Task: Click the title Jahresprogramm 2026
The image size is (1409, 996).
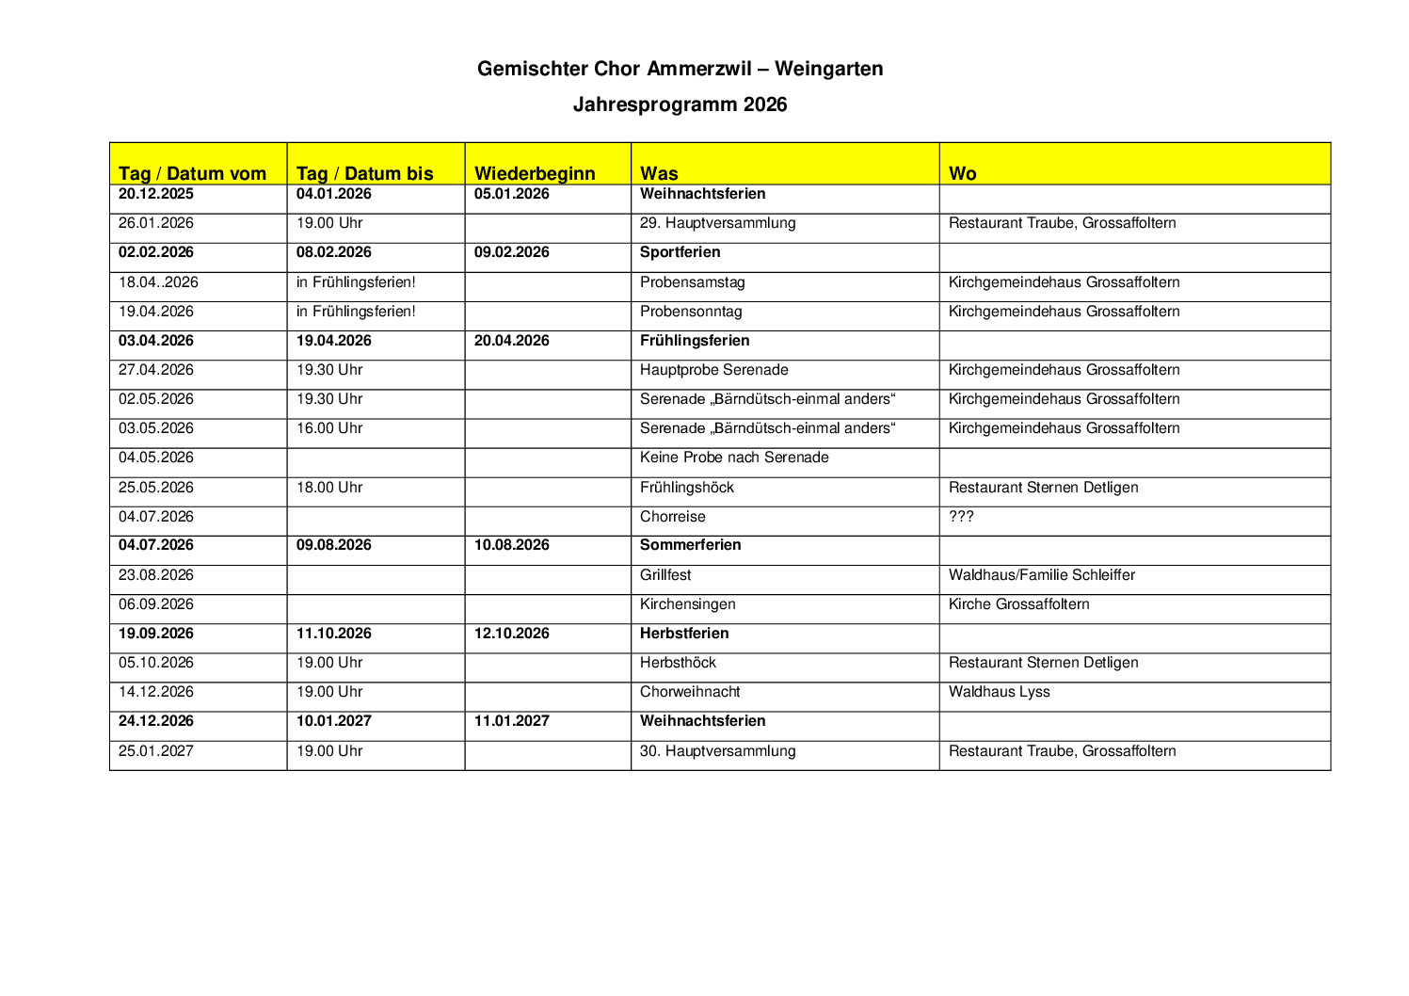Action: click(680, 104)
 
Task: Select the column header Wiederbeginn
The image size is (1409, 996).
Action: click(535, 173)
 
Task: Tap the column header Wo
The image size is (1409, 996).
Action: click(962, 173)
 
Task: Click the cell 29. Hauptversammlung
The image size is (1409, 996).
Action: click(717, 223)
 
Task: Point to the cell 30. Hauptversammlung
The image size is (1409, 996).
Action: click(717, 751)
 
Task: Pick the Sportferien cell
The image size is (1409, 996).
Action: click(680, 252)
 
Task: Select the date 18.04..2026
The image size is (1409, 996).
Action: click(158, 282)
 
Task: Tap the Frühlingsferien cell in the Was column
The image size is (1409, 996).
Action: click(695, 341)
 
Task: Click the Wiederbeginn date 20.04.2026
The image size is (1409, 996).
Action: click(511, 341)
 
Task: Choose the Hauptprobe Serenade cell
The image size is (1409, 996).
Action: click(713, 370)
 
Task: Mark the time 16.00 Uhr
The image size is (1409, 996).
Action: click(329, 428)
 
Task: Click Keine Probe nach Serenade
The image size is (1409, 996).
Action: click(734, 458)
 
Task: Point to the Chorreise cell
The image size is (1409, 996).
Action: click(672, 517)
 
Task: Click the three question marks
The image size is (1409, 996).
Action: click(961, 517)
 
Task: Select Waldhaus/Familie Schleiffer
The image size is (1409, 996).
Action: click(1041, 575)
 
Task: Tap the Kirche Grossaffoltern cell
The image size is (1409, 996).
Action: click(1018, 604)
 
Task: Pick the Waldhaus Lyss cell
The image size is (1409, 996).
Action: click(999, 692)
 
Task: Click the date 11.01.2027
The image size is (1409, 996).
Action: click(511, 721)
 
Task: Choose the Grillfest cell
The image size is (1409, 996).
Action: click(665, 575)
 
